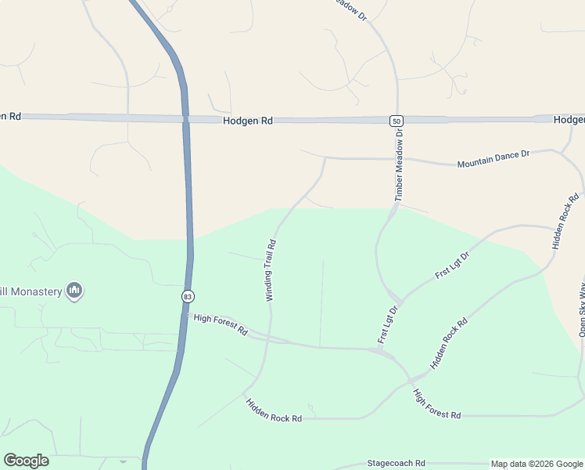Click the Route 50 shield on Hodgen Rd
(x=397, y=120)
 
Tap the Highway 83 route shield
(x=188, y=297)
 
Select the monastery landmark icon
(x=75, y=291)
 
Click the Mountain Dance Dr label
(x=493, y=159)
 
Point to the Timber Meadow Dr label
(x=399, y=165)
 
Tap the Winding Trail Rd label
(x=271, y=270)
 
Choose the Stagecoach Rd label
(x=399, y=464)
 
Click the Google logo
(x=26, y=461)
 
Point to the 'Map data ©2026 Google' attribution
(x=537, y=464)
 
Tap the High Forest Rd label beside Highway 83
(x=221, y=324)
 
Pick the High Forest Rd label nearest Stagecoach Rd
(x=436, y=404)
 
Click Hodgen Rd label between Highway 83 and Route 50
(x=247, y=121)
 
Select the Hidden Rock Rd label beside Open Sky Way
(x=566, y=222)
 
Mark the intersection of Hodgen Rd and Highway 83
(x=185, y=119)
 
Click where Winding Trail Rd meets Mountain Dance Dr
(x=325, y=158)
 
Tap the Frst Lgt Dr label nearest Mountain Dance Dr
(x=452, y=266)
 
